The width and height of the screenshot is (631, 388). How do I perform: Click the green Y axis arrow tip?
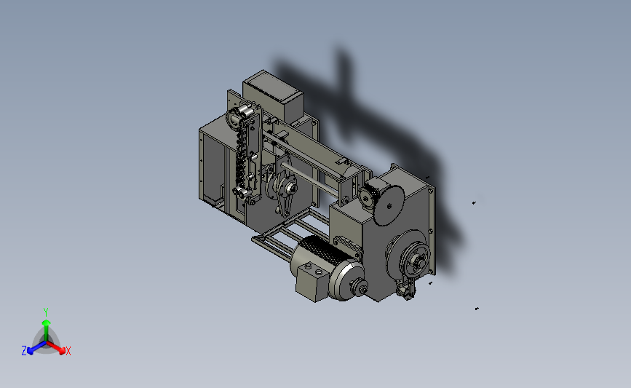tap(46, 322)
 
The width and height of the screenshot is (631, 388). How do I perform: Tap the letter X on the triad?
tap(68, 351)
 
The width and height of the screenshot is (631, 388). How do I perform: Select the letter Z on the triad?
tap(24, 351)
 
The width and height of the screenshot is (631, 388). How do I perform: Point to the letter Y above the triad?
tap(45, 312)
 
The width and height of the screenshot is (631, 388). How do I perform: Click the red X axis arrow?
tap(55, 347)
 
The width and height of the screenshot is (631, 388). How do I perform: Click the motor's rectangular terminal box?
tap(312, 281)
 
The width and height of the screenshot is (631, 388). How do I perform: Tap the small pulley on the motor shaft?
tap(359, 286)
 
